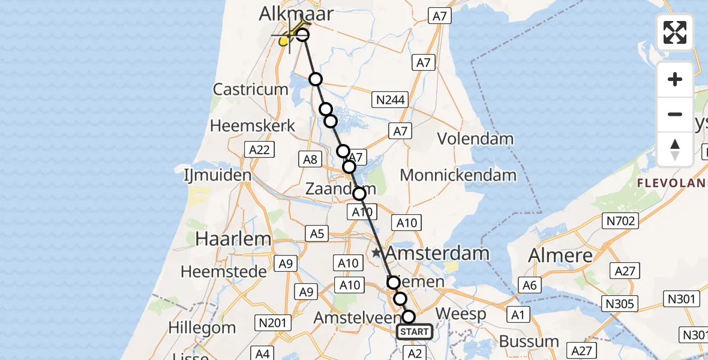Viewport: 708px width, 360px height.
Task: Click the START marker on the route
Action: coord(414,332)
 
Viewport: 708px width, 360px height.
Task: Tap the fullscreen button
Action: coord(675,32)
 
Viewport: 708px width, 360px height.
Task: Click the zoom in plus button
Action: coord(675,79)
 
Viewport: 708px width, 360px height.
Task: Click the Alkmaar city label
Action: coord(296,14)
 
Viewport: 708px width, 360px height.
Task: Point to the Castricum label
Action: coord(251,90)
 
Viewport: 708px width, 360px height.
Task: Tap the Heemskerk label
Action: coord(253,126)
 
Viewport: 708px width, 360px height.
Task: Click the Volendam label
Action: coord(475,139)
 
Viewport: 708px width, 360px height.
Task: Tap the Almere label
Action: coord(560,255)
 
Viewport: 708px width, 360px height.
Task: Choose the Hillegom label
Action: coord(202,328)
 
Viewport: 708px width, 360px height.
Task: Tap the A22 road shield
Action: coord(259,149)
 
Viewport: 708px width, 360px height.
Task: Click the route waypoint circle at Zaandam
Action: coord(359,194)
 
